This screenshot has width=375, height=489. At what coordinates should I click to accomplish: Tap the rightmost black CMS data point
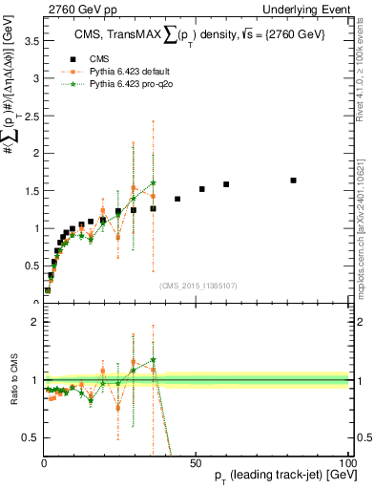293,181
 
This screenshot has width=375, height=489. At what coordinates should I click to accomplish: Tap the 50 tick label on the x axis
196,463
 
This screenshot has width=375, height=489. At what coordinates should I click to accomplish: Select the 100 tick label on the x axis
347,463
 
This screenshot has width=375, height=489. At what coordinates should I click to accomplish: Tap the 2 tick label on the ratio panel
34,322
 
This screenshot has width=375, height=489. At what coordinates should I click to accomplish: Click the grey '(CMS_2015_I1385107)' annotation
197,284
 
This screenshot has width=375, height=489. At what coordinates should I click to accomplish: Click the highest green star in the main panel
153,182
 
